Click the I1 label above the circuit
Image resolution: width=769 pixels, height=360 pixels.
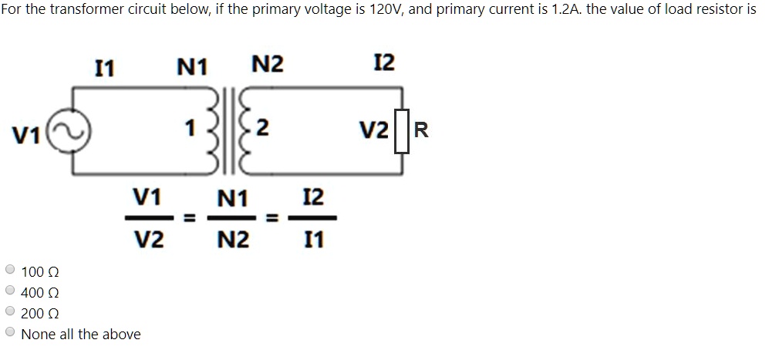coord(104,69)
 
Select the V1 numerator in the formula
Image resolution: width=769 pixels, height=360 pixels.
coord(148,198)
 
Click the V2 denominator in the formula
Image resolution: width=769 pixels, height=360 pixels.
coord(149,241)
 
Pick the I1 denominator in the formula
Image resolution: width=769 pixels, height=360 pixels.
coord(313,241)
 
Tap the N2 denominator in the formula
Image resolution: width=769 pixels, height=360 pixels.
coord(233,241)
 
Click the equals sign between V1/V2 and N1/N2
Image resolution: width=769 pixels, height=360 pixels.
coord(187,220)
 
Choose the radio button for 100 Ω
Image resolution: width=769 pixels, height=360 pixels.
coord(10,271)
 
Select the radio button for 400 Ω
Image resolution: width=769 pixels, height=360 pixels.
coord(10,291)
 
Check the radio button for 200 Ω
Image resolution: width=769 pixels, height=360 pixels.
coord(10,312)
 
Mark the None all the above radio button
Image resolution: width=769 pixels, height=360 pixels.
coord(10,333)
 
